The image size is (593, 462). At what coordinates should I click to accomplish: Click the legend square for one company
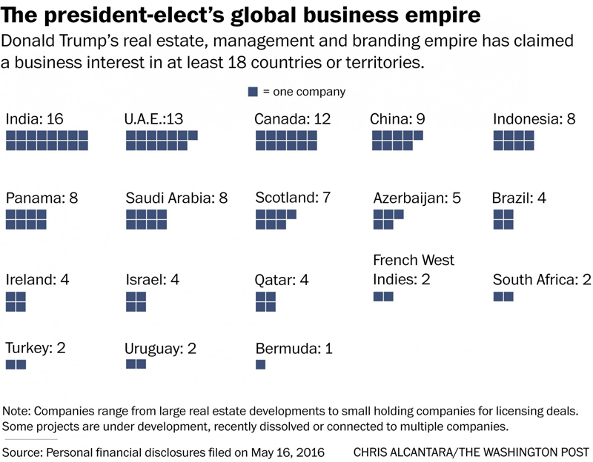click(254, 92)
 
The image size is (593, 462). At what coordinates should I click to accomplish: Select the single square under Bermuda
click(260, 364)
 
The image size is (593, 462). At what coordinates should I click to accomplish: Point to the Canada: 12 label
click(292, 119)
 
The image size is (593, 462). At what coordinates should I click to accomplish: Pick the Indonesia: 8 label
click(534, 119)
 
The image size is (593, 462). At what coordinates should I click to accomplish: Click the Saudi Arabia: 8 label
click(176, 198)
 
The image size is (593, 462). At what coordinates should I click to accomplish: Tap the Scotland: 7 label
click(293, 198)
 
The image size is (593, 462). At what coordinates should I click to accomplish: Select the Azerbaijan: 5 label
click(417, 198)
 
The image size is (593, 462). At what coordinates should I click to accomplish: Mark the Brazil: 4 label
click(520, 198)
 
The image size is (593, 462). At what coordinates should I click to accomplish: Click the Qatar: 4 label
click(281, 280)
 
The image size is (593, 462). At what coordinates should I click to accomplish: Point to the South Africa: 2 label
click(542, 280)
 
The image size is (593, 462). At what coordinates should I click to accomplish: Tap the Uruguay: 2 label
click(160, 347)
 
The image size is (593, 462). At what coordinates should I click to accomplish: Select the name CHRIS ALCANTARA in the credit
click(401, 452)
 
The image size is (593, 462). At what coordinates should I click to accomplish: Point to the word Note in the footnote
click(16, 411)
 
